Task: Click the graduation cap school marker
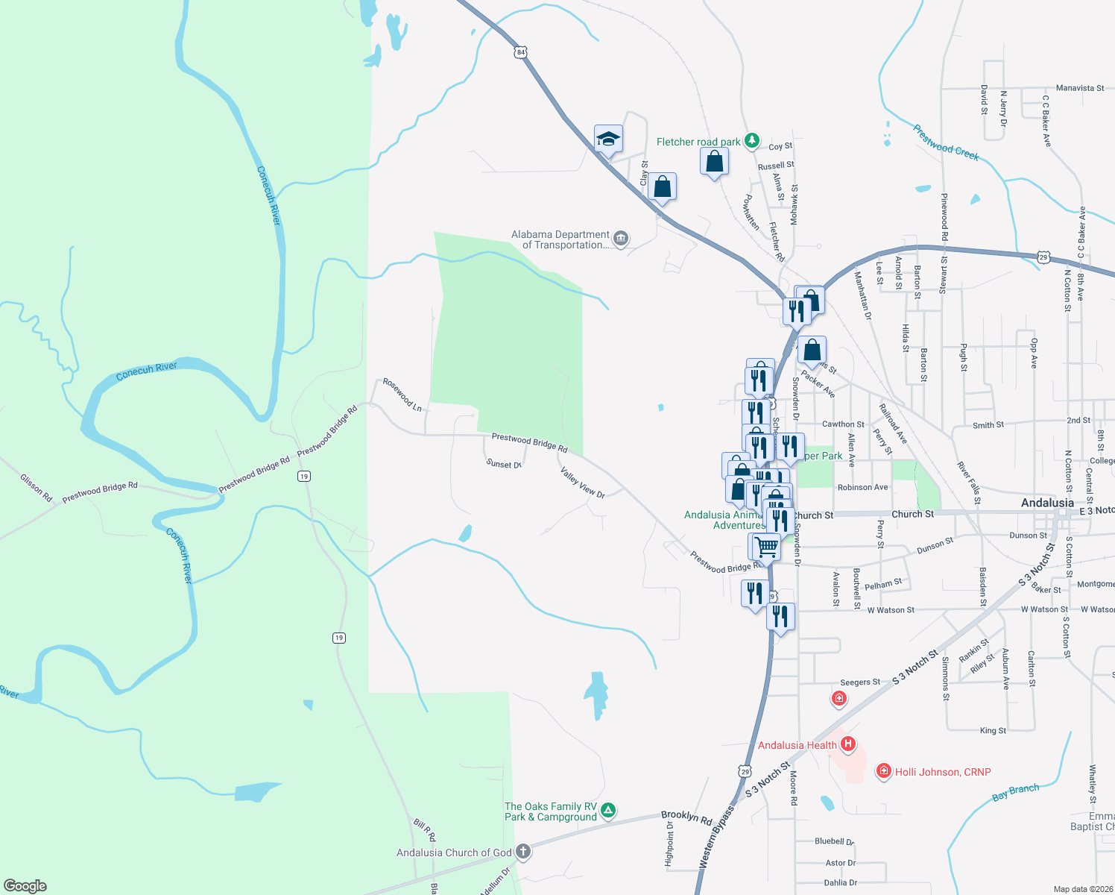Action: tap(608, 139)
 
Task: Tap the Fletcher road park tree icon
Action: tap(752, 140)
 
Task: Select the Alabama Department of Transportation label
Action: tap(561, 239)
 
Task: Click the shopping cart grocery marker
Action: tap(765, 546)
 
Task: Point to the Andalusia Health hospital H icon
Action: tap(847, 744)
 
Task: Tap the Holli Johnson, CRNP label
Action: tap(943, 772)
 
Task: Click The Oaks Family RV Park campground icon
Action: tap(608, 811)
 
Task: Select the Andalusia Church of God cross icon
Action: tap(523, 852)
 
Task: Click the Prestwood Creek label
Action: tap(946, 142)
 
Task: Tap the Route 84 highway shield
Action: tap(521, 52)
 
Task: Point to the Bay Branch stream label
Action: tap(1015, 793)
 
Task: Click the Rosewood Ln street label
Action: tap(402, 395)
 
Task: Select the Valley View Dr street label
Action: tap(582, 483)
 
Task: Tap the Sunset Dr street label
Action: tap(504, 464)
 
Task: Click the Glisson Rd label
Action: tap(36, 487)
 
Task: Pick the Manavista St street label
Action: tap(1080, 88)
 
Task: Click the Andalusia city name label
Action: tap(1047, 503)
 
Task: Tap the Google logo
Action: tap(25, 886)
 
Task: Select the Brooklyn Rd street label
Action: tap(686, 817)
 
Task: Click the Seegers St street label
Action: tap(860, 682)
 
